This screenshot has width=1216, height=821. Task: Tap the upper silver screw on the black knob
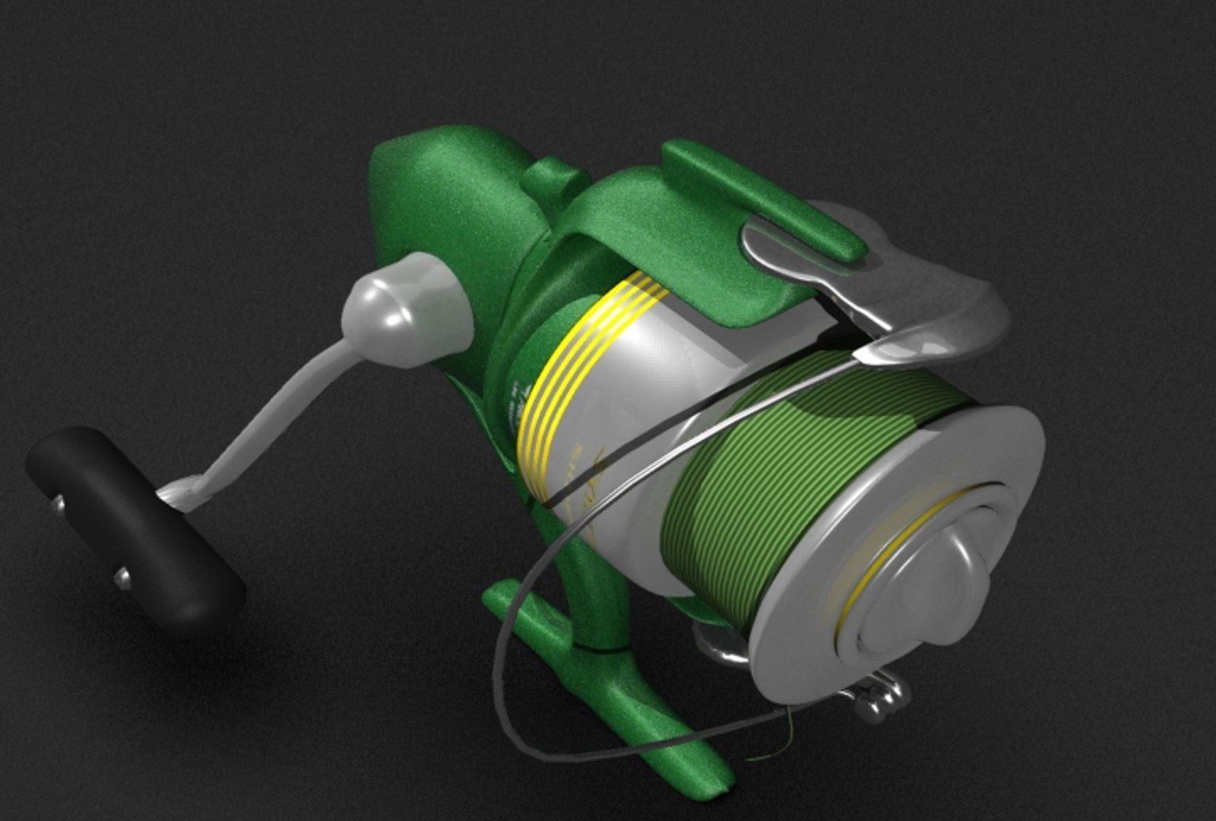tap(58, 504)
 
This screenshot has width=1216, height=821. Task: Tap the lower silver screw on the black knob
tap(122, 579)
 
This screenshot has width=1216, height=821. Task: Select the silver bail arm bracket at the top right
tap(935, 296)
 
